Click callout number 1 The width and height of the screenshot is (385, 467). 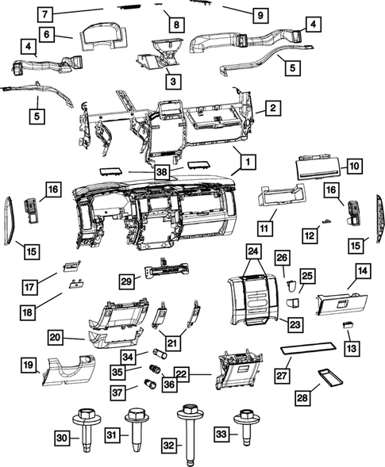(x=248, y=161)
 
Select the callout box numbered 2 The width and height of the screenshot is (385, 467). (x=271, y=107)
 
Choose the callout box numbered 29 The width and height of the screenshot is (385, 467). (x=126, y=281)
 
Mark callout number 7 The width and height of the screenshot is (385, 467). (x=45, y=13)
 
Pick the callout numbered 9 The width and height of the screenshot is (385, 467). (x=259, y=13)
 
